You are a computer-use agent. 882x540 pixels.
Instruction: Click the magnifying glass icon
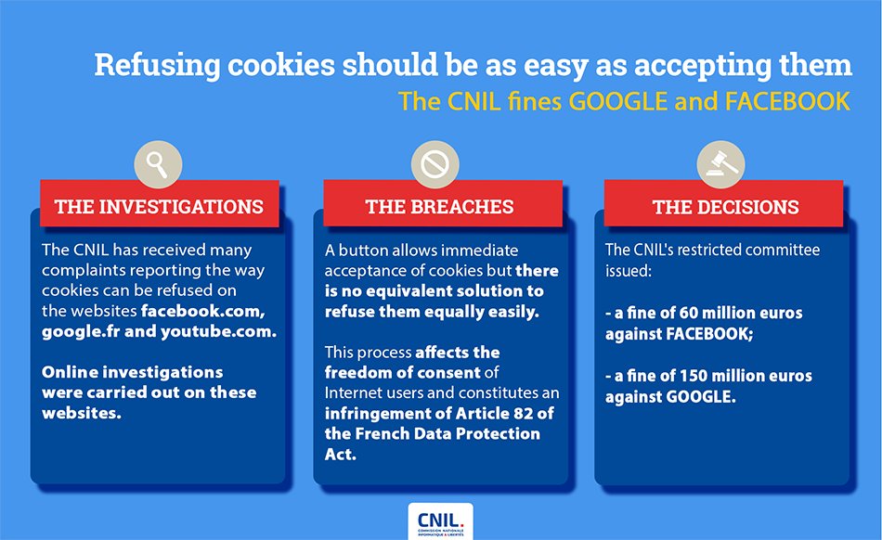pos(158,165)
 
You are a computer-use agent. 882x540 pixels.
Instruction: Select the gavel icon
pos(720,165)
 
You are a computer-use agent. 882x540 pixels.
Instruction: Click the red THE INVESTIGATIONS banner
pos(159,206)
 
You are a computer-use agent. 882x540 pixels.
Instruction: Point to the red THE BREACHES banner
pos(440,206)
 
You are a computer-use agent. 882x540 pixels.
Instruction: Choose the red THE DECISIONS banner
pos(725,206)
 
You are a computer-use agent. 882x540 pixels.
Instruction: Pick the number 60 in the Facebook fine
pos(685,313)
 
